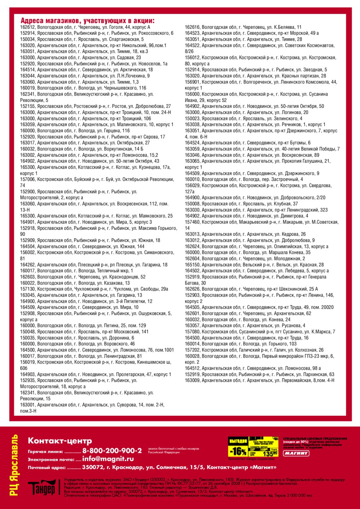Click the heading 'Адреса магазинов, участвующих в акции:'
pos(87,21)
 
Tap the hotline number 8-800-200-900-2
pos(112,451)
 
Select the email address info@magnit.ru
pos(108,459)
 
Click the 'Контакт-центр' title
pos(60,441)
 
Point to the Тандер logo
pos(42,488)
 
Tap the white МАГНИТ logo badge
pos(296,454)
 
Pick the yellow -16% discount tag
pos(238,451)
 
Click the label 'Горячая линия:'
pos(45,451)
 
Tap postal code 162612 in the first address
pos(27,27)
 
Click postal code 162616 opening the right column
pos(192,27)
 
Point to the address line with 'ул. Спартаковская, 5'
pos(82,40)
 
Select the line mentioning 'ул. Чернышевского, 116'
pos(83,88)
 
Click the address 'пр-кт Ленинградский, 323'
pos(256,210)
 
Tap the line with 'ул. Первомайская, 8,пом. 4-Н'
pos(260,381)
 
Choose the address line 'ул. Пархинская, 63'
pos(260,374)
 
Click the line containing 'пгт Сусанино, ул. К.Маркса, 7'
pos(260,332)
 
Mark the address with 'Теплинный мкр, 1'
pos(76,271)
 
